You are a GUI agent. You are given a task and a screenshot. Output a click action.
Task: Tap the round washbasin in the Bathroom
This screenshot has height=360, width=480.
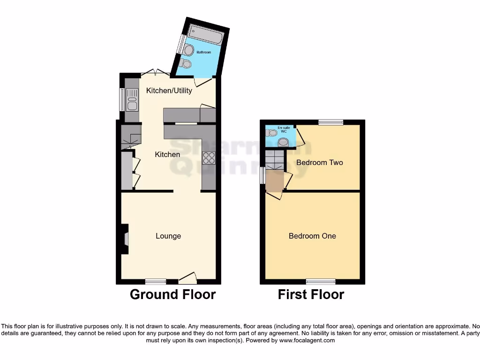(189, 50)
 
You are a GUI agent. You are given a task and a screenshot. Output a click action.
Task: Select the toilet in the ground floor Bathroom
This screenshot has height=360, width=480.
(186, 63)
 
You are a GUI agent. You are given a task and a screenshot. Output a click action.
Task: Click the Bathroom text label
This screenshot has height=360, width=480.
(203, 52)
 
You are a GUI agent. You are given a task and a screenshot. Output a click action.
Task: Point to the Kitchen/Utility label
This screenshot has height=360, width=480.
(169, 90)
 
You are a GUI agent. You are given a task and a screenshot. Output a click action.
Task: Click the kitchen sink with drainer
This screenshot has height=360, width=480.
(132, 100)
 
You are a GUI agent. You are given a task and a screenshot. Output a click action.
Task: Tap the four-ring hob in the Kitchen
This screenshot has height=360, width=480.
(209, 158)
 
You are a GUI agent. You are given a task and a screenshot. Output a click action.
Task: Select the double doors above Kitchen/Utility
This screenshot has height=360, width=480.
(155, 73)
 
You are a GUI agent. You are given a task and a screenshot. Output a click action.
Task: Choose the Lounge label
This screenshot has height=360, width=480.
(168, 236)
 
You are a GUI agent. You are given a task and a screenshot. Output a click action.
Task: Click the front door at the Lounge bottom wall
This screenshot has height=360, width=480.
(187, 279)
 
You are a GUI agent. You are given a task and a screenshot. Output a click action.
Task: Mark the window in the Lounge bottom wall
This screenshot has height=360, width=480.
(156, 281)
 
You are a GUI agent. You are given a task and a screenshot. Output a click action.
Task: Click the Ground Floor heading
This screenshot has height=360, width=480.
(172, 294)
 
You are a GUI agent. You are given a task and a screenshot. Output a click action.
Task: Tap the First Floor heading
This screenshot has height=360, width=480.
(311, 294)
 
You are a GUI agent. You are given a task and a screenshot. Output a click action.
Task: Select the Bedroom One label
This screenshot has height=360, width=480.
(312, 236)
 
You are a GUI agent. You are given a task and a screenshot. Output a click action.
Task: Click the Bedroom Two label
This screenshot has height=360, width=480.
(319, 163)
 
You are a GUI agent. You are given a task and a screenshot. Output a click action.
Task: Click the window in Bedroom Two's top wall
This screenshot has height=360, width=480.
(330, 122)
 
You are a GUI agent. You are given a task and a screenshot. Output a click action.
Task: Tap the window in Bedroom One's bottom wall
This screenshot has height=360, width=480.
(321, 281)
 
